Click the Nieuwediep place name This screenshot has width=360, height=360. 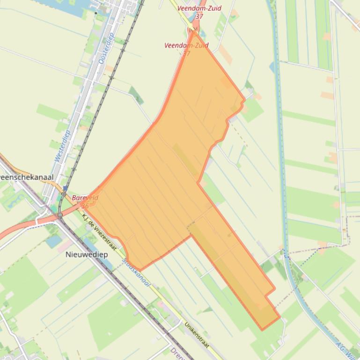tap(87, 255)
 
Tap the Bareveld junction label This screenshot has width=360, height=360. tap(85, 198)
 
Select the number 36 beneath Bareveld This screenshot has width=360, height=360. tap(85, 205)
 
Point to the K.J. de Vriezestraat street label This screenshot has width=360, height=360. tap(99, 231)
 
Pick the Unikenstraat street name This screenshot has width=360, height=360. tap(197, 334)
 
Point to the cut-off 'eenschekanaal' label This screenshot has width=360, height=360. tap(27, 178)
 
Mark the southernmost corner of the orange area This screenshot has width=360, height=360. tap(262, 330)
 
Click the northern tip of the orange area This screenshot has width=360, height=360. tap(194, 31)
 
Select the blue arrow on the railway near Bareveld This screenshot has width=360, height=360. tap(65, 188)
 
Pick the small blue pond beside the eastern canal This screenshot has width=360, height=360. tap(272, 67)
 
